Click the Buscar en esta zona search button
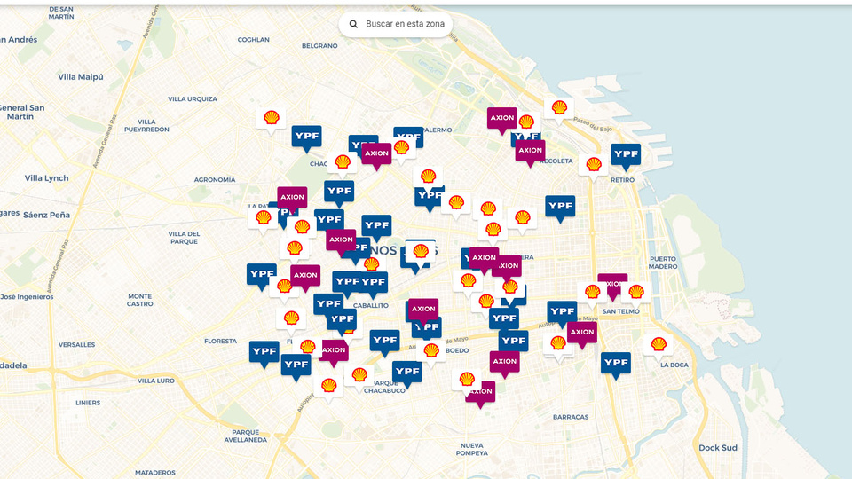(396, 24)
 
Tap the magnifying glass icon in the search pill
(354, 24)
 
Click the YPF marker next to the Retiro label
(626, 156)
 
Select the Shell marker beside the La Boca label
(658, 344)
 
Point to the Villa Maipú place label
(81, 77)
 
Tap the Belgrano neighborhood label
(319, 45)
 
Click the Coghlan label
(253, 39)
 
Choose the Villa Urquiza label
(193, 98)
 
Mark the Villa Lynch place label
(47, 178)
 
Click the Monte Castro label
(140, 300)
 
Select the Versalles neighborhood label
(76, 344)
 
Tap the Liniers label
(88, 403)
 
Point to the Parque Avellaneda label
(245, 436)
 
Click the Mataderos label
(154, 473)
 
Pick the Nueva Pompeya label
(473, 449)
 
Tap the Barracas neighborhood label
(570, 417)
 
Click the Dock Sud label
(717, 448)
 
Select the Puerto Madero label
(663, 262)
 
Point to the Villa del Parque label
(184, 237)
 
